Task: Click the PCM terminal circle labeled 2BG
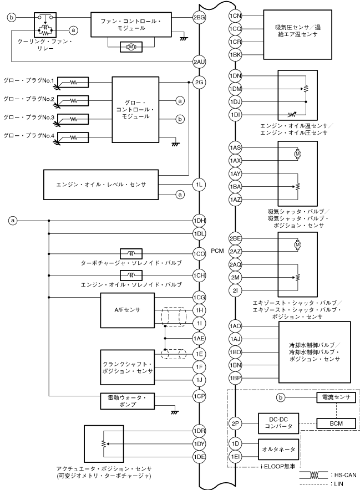click(x=199, y=18)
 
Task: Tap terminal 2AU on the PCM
click(x=199, y=62)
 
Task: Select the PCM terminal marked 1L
click(x=199, y=185)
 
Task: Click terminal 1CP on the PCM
click(x=199, y=396)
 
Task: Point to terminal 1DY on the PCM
click(x=199, y=444)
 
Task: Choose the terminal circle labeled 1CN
click(x=235, y=16)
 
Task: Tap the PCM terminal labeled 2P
click(x=235, y=423)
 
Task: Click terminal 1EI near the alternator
click(x=235, y=457)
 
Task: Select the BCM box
click(x=336, y=423)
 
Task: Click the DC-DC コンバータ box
click(x=278, y=423)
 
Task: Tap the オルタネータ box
click(x=278, y=450)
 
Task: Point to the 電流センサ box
click(x=336, y=397)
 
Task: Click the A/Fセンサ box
click(x=127, y=310)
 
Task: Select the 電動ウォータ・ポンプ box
click(x=127, y=401)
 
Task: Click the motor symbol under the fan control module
click(x=131, y=47)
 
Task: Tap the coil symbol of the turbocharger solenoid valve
click(x=131, y=253)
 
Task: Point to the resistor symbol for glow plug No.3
click(x=73, y=119)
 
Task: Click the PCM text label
click(x=217, y=251)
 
